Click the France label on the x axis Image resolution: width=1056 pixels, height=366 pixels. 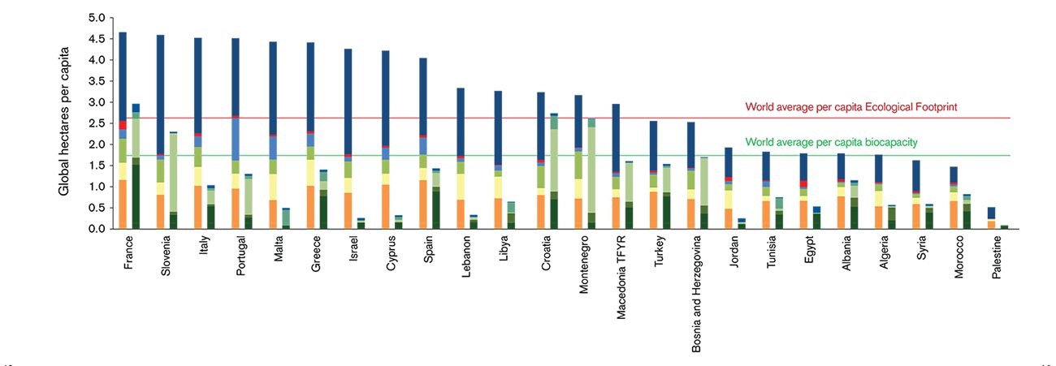point(128,252)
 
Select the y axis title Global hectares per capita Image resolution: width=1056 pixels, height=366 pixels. point(64,122)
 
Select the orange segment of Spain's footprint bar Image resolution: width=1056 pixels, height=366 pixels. point(423,204)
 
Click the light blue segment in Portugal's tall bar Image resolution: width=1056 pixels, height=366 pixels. point(236,139)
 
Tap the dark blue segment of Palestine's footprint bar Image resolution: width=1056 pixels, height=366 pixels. point(991,213)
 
